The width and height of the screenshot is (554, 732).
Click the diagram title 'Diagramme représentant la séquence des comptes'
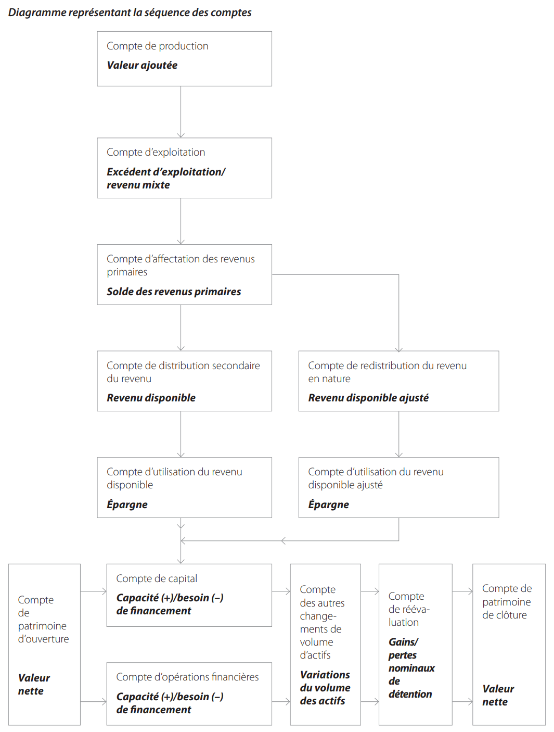coord(130,12)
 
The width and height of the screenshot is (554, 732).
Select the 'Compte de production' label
coord(157,46)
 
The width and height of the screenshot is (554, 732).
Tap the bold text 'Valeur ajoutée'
coord(142,65)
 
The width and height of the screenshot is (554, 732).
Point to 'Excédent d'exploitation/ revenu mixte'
coord(166,178)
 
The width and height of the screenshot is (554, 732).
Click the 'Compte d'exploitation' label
coord(156,152)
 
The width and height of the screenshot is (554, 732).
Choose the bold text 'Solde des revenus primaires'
coord(174,292)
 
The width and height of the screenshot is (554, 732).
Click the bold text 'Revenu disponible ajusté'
coord(368,398)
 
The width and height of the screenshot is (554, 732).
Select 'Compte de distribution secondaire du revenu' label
coord(183,372)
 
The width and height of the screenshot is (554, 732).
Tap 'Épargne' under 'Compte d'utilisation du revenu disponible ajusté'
coord(328,504)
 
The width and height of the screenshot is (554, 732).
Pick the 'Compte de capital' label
coord(157,578)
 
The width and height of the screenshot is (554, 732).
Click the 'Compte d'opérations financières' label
coord(187,677)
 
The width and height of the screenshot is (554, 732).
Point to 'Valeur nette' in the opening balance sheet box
coord(34,684)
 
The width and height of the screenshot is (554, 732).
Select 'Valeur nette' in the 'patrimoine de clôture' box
coord(498,695)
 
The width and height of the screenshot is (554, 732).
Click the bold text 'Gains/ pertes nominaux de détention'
coord(411,667)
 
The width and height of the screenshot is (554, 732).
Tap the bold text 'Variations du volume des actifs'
coord(325,688)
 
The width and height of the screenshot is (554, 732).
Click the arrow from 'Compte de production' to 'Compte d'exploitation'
coord(181,112)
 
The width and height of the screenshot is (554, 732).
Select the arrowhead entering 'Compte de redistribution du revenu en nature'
coord(399,349)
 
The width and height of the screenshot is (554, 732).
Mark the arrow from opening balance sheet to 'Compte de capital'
coord(94,591)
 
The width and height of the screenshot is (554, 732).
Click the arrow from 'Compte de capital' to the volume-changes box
coord(281,591)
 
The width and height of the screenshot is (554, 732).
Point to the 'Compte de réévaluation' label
coord(409,609)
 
